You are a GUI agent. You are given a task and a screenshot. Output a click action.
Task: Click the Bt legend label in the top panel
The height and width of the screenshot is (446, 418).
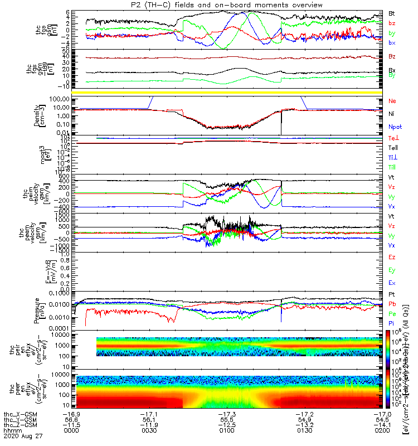tap(392, 13)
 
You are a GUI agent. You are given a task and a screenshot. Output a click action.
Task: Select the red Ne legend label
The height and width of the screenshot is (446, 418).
tap(392, 101)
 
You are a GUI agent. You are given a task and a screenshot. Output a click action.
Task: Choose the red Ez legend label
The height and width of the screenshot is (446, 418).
tap(392, 258)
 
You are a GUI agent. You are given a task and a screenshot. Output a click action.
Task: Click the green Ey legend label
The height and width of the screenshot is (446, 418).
tap(392, 270)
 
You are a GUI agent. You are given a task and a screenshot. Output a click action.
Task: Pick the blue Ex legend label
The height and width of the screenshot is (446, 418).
tap(392, 283)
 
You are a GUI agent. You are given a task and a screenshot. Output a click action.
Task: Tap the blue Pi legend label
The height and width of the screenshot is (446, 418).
tap(392, 323)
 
